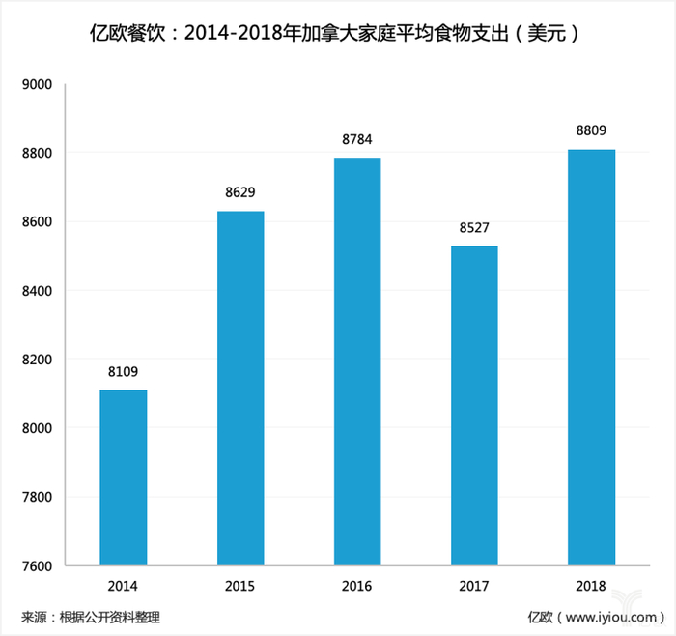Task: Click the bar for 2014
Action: pyautogui.click(x=124, y=477)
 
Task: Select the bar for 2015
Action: pyautogui.click(x=240, y=388)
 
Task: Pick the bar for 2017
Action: pyautogui.click(x=474, y=405)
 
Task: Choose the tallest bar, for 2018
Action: pyautogui.click(x=591, y=357)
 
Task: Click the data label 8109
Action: pyautogui.click(x=124, y=370)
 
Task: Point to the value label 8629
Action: pyautogui.click(x=240, y=191)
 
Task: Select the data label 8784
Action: pyautogui.click(x=357, y=138)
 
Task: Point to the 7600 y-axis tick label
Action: pyautogui.click(x=36, y=565)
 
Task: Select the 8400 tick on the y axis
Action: pyautogui.click(x=36, y=291)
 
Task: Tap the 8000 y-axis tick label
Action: pyautogui.click(x=36, y=428)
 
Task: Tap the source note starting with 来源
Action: pyautogui.click(x=92, y=616)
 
